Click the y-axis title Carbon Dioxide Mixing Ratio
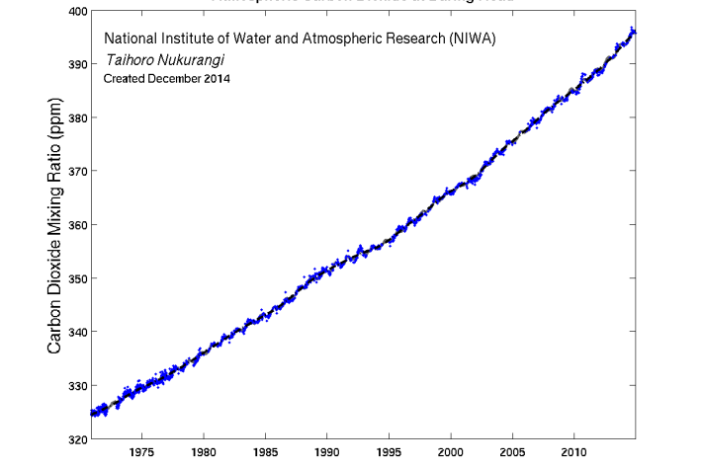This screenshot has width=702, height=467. pyautogui.click(x=56, y=225)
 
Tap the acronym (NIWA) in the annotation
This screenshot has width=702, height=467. pyautogui.click(x=472, y=39)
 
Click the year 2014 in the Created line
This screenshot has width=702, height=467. pyautogui.click(x=216, y=78)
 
